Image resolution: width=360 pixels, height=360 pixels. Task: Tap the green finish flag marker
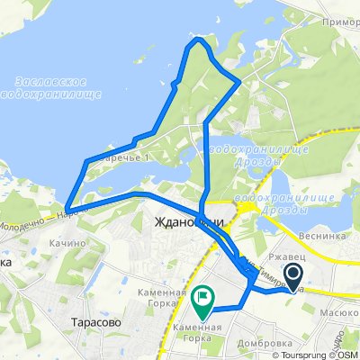205,296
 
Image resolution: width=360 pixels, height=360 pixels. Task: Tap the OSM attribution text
348,354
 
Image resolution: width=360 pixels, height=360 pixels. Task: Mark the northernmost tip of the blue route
198,40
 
